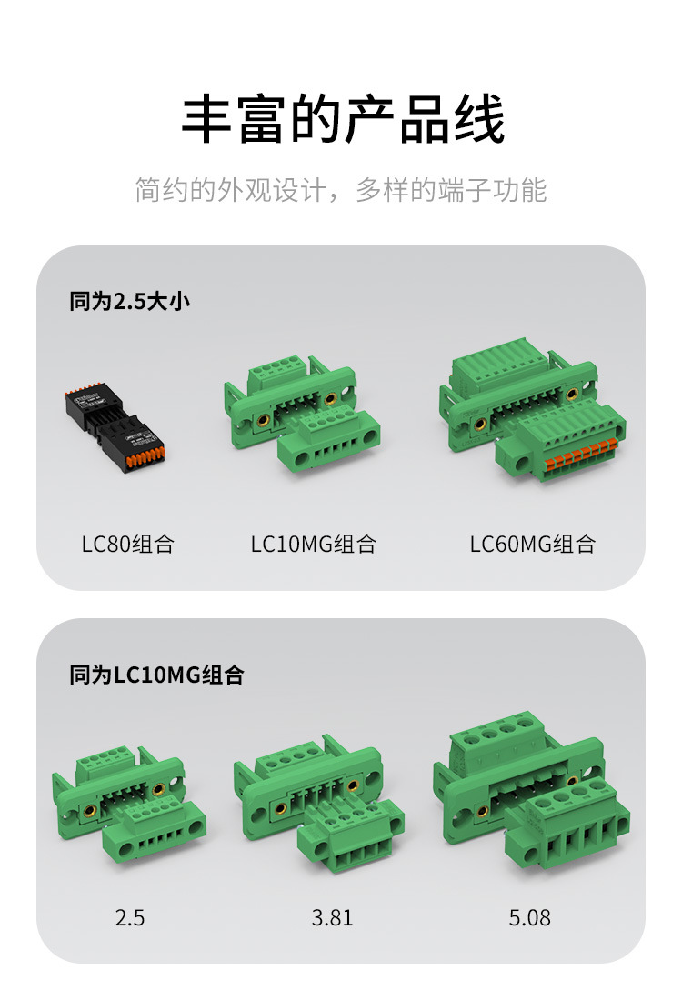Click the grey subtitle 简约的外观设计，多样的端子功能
341,190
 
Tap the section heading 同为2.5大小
129,302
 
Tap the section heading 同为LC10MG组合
156,675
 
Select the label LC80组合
127,545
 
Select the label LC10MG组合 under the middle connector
313,545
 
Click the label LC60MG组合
532,545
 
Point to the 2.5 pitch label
129,918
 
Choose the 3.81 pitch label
332,918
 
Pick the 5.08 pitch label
529,918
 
